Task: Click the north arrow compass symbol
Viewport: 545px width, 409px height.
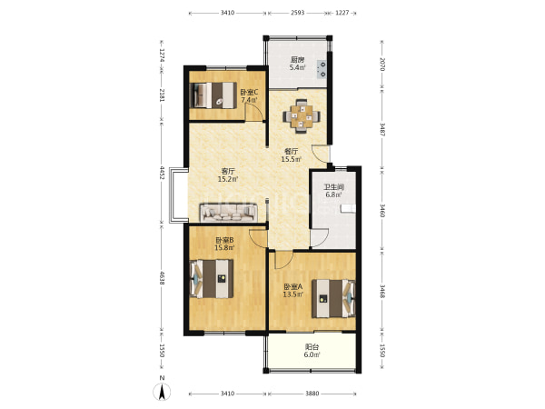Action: (x=162, y=392)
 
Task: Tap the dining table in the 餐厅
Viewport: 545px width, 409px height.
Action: (x=302, y=116)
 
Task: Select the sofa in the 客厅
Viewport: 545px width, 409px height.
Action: (x=228, y=213)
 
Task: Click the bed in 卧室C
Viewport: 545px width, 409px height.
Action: (x=213, y=95)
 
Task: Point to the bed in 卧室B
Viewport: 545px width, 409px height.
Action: (x=212, y=279)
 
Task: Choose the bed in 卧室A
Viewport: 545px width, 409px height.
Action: (x=333, y=298)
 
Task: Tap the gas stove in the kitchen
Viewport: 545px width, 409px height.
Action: (x=322, y=69)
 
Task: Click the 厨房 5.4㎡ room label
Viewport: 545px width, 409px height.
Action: (x=298, y=64)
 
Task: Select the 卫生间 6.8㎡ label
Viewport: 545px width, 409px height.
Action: (x=334, y=191)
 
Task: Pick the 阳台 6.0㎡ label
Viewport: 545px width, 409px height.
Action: (x=312, y=351)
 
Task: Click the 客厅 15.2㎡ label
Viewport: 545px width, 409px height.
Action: (x=228, y=175)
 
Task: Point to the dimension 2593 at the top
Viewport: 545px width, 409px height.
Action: (x=298, y=13)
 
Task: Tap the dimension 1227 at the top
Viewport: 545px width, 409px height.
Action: (x=342, y=13)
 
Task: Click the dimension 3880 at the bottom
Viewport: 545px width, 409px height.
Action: (x=312, y=394)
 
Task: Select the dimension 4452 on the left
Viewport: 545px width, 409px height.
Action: (x=162, y=173)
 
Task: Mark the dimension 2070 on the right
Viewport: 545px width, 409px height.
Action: (x=382, y=65)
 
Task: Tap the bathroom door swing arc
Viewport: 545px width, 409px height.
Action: (x=320, y=237)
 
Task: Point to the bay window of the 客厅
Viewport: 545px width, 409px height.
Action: (x=179, y=195)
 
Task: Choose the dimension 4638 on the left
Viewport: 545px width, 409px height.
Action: (x=162, y=277)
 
